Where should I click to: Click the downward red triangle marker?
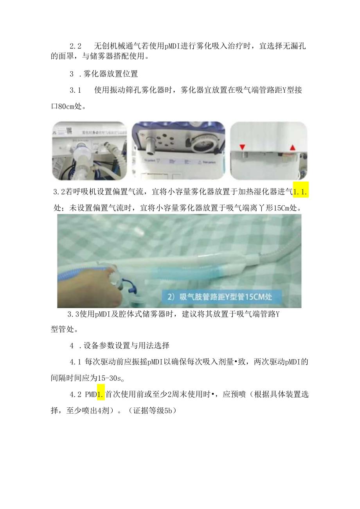[x=242, y=147]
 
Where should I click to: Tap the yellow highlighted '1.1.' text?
[x=301, y=191]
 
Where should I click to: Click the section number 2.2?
[x=76, y=46]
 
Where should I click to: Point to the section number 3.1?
[x=76, y=90]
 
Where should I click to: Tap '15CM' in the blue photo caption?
[x=252, y=297]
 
